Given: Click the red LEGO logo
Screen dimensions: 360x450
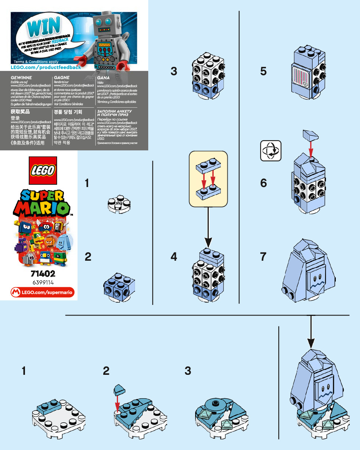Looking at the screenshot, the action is [x=42, y=170].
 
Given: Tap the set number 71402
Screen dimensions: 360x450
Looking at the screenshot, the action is [x=42, y=274].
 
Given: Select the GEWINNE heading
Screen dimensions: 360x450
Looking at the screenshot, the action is [x=21, y=77].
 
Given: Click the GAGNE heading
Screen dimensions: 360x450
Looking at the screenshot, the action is [x=62, y=77].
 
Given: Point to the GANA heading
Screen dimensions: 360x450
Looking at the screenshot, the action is [x=103, y=77].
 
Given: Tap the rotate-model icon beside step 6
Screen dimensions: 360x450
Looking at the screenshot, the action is [x=271, y=151].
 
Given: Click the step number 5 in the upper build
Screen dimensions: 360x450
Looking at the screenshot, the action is [x=263, y=71].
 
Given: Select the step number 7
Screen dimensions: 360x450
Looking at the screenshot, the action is [x=263, y=257].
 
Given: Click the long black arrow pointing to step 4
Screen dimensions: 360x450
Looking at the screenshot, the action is [x=208, y=227].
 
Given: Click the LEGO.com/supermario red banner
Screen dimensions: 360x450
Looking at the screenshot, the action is [x=42, y=292].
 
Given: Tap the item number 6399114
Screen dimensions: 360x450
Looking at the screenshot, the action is [x=42, y=282].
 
